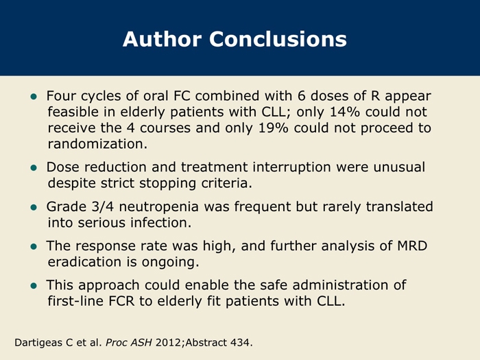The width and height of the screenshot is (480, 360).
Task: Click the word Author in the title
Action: click(162, 39)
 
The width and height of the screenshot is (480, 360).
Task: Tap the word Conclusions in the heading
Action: click(278, 39)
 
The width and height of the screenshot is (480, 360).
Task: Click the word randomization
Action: click(97, 143)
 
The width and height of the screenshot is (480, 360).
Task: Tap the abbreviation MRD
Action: click(412, 245)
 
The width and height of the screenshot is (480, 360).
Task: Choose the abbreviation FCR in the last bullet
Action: click(121, 301)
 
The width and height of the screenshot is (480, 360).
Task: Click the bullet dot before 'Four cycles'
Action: click(34, 97)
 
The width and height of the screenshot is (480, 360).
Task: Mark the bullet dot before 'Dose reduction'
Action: click(34, 168)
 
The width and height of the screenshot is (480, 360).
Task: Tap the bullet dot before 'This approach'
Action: click(34, 286)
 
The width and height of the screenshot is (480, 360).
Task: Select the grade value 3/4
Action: click(103, 206)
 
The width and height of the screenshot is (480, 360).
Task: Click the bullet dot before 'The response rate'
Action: click(34, 247)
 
